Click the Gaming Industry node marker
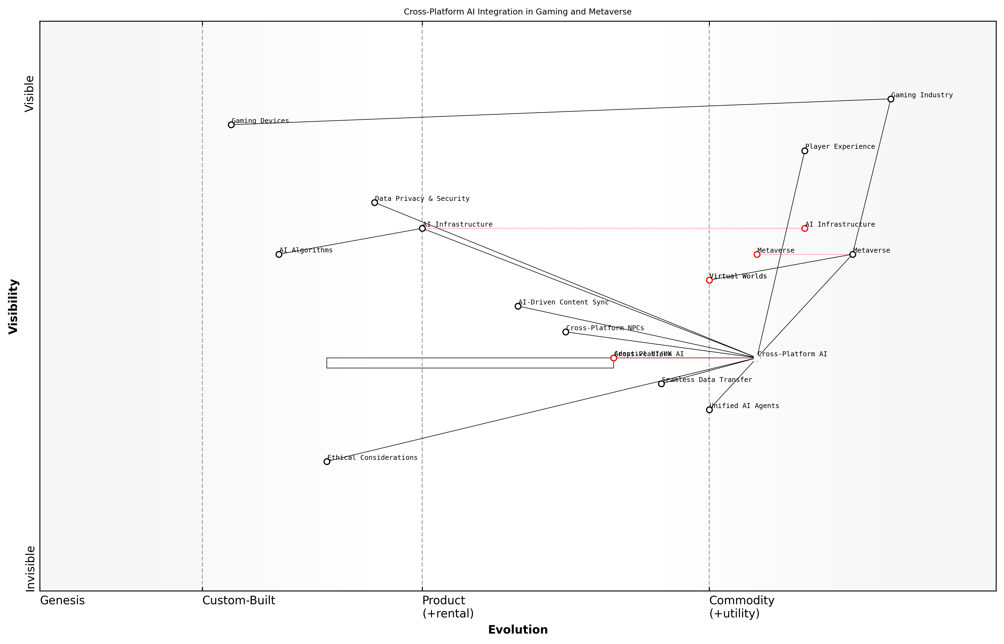(x=890, y=99)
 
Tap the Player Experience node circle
(x=804, y=151)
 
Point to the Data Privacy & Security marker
(x=375, y=203)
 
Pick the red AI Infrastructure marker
(x=804, y=228)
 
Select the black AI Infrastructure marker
(x=422, y=228)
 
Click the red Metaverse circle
(x=757, y=254)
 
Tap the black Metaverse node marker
(x=853, y=254)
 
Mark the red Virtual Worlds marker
(x=709, y=280)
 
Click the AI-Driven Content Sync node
(x=518, y=306)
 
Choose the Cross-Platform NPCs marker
(x=566, y=332)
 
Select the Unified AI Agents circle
(x=709, y=410)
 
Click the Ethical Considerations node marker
(x=327, y=462)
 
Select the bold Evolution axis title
(x=518, y=630)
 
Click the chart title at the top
(x=517, y=12)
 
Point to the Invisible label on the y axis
(x=30, y=569)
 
